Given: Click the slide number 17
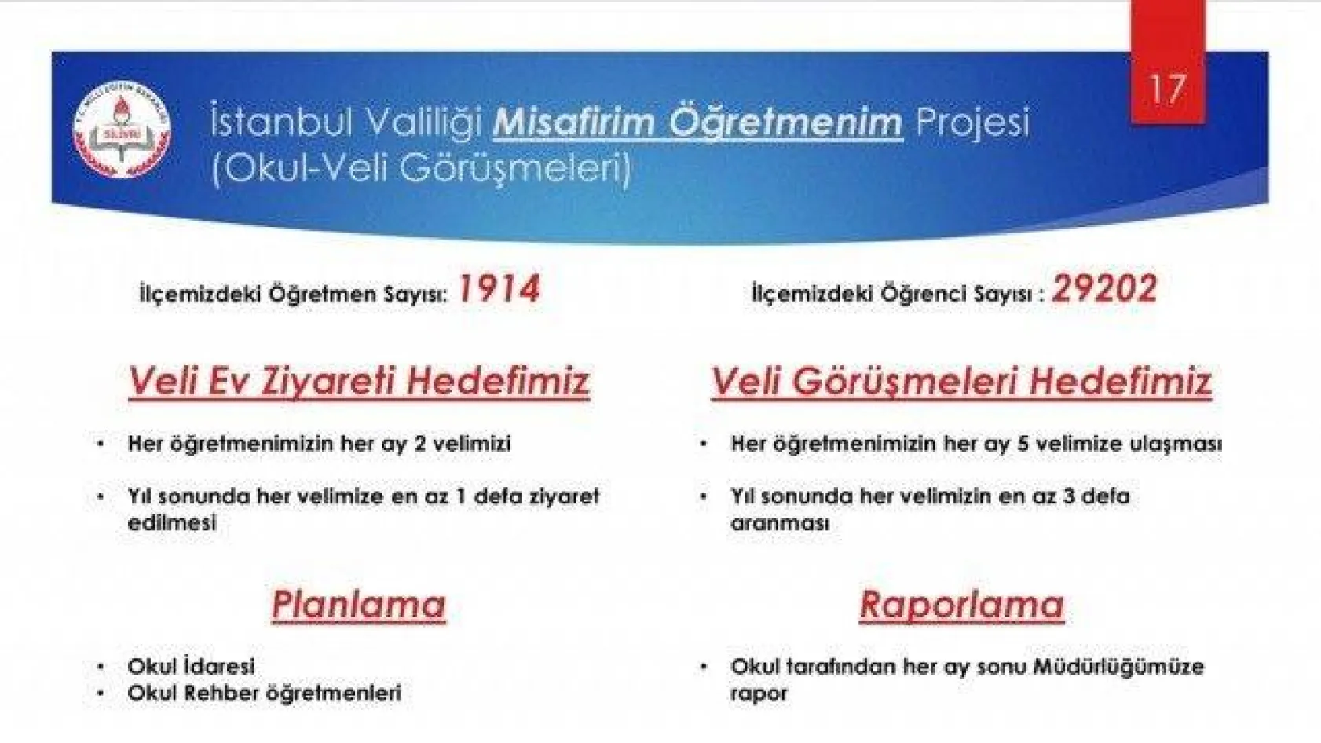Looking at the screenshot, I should point(1167,89).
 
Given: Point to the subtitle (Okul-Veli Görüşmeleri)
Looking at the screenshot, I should point(421,168).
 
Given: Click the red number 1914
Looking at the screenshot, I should point(499,290).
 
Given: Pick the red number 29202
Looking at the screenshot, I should point(1104,290).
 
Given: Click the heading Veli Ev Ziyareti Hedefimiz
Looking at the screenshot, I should point(359,382).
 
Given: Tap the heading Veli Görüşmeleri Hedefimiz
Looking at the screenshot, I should point(961,382).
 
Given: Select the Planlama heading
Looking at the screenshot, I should point(359,605).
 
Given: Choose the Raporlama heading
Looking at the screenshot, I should point(961,605).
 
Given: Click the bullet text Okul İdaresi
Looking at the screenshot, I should point(191,666).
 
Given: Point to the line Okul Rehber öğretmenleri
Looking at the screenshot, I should point(264,693).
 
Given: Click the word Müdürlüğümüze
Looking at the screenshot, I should point(1118,667).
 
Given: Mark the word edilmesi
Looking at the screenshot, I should point(171,523).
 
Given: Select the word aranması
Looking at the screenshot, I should point(780,523).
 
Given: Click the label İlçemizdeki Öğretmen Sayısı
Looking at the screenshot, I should point(293,295).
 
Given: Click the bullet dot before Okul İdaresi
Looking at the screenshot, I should point(101,667).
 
